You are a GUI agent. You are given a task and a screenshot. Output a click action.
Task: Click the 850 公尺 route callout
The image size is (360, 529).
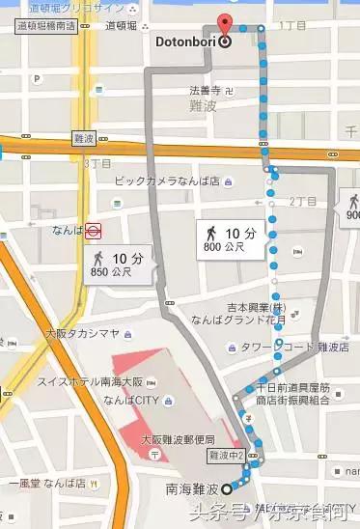(x=118, y=263)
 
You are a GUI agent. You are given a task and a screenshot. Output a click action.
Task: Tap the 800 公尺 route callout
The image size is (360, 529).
(x=231, y=238)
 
